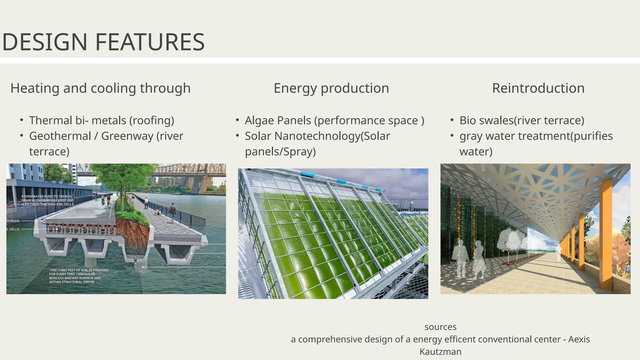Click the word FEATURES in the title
pos(150,42)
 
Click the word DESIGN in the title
pos(45,42)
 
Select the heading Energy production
pos(331,88)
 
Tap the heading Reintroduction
pos(538,88)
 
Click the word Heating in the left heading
pos(35,88)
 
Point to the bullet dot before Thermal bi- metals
pos(22,120)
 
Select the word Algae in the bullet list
pos(262,121)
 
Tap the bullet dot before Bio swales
pos(452,120)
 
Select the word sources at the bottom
pos(440,327)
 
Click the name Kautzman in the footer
pos(440,352)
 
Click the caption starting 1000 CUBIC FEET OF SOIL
pos(78,276)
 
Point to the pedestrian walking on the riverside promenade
pos(172,213)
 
